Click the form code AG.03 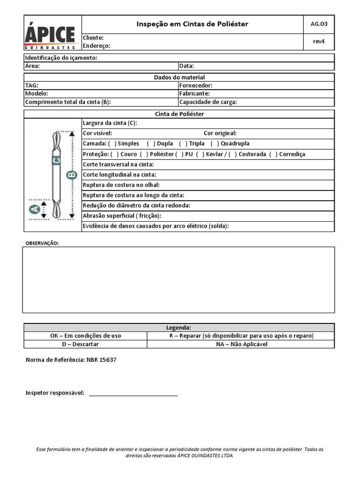pyautogui.click(x=319, y=24)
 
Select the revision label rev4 pyautogui.click(x=319, y=41)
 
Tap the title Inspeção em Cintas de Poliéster pyautogui.click(x=192, y=24)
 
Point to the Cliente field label pyautogui.click(x=93, y=37)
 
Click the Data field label pyautogui.click(x=187, y=66)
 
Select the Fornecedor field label pyautogui.click(x=196, y=85)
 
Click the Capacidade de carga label pyautogui.click(x=208, y=102)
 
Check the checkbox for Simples pyautogui.click(x=112, y=143)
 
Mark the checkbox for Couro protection pyautogui.click(x=115, y=154)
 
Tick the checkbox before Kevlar pyautogui.click(x=200, y=154)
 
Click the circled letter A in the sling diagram pyautogui.click(x=34, y=210)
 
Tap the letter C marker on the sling pyautogui.click(x=56, y=160)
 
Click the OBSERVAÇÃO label pyautogui.click(x=42, y=243)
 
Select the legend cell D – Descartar pyautogui.click(x=85, y=344)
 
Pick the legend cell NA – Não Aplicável pyautogui.click(x=241, y=344)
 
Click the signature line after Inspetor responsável pyautogui.click(x=133, y=394)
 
